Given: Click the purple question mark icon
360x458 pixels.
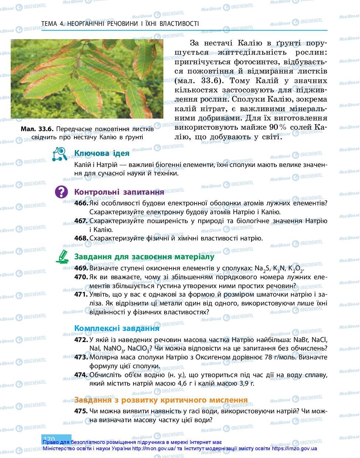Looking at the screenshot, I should pos(61,192).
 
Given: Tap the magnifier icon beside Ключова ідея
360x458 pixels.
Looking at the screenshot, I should pos(60,154).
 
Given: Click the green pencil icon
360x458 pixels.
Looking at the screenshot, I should pos(62,256).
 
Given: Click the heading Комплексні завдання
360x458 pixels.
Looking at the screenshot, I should pos(117,328).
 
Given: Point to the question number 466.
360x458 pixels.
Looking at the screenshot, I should pos(81,203).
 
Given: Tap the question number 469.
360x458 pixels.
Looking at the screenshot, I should pos(81,269).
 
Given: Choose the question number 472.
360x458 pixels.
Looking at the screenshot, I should pos(81,340).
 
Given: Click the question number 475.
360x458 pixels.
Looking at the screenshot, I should pos(81,411).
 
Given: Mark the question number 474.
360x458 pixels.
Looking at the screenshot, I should pos(81,375).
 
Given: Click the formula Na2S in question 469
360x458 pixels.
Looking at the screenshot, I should pos(262,269).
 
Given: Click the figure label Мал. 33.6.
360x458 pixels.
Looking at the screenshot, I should pos(37,129).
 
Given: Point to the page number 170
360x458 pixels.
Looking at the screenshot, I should pos(49,439).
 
